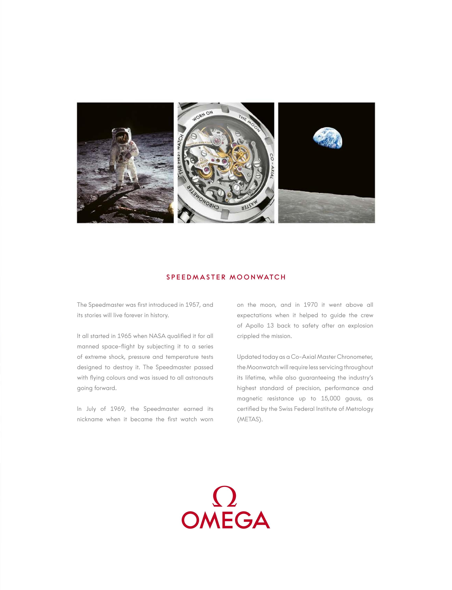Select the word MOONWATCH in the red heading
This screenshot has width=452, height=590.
coord(257,277)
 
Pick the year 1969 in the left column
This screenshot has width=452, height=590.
coord(118,409)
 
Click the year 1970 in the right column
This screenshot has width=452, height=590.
coord(310,305)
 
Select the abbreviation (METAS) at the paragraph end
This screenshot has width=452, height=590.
coord(249,419)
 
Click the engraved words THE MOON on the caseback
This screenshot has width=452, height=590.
coord(249,123)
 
